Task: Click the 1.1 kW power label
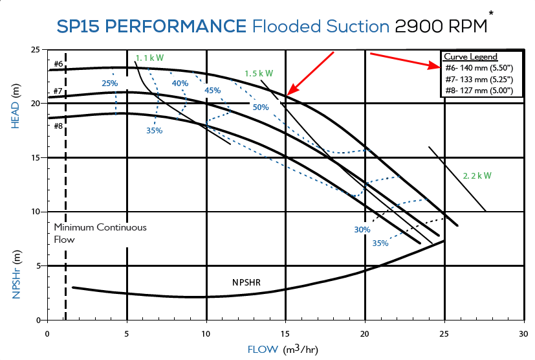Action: coord(150,58)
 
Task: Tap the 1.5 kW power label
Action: coord(259,73)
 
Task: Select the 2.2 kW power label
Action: coord(477,175)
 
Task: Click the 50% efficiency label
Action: coord(261,107)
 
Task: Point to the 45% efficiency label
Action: coord(212,91)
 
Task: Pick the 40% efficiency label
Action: coord(180,83)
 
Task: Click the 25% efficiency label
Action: coord(109,83)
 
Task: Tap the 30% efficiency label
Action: coord(362,230)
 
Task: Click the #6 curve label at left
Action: coord(58,63)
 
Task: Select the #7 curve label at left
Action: coord(58,91)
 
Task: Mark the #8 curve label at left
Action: coord(58,126)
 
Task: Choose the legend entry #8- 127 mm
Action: coord(479,91)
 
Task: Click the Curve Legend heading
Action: coord(471,57)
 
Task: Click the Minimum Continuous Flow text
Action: coord(100,233)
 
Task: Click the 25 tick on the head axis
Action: coord(36,50)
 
